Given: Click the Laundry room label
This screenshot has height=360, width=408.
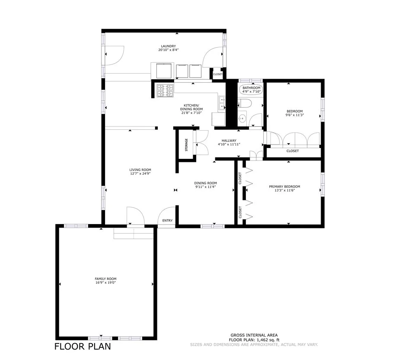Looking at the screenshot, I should tap(168, 46).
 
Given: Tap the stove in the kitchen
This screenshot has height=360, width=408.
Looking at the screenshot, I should tap(165, 90).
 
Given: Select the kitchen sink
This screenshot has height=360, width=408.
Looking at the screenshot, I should tap(222, 103).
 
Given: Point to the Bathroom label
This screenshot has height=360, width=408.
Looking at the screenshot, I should tap(251, 88).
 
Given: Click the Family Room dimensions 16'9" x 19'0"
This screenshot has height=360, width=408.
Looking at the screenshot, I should tap(105, 283).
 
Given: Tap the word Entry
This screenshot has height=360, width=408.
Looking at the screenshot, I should tap(167, 221).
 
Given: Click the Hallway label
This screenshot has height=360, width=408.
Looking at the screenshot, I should tap(229, 140).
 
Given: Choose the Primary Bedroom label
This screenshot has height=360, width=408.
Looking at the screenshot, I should tap(284, 186).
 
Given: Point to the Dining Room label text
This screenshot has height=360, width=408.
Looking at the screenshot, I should tap(205, 183).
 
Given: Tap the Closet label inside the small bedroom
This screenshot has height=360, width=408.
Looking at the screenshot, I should tap(293, 151).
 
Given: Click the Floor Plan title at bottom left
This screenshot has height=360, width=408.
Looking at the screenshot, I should tap(82, 347).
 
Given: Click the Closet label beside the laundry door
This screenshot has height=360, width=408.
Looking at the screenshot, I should tap(218, 74).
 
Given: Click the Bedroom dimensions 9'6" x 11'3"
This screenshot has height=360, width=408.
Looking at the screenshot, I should tap(294, 115).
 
